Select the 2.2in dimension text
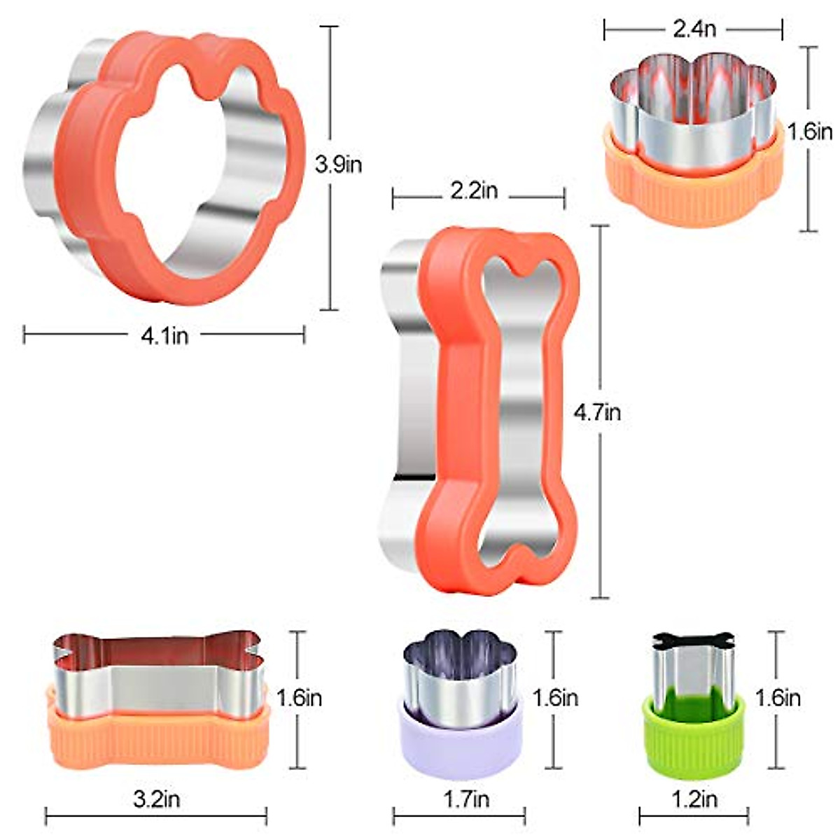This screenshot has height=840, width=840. click(x=474, y=190)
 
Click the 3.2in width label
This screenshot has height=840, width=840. click(x=157, y=799)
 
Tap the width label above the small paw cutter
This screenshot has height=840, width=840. click(x=694, y=29)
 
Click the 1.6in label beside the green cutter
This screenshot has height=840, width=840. click(x=778, y=698)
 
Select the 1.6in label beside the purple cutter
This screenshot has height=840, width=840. click(x=555, y=698)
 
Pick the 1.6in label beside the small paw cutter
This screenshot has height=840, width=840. click(x=810, y=131)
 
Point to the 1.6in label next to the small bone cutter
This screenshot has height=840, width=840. click(x=299, y=698)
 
